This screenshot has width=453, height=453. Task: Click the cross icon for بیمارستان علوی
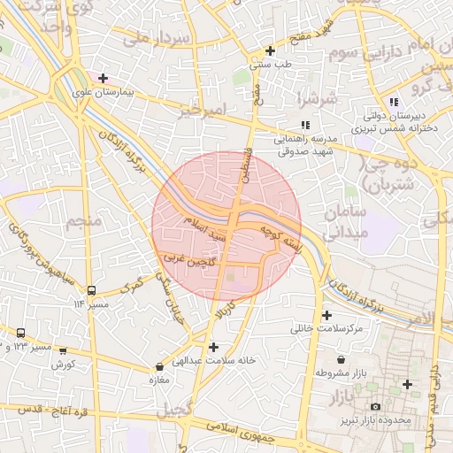click(x=104, y=78)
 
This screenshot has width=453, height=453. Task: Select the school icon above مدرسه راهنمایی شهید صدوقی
click(x=305, y=126)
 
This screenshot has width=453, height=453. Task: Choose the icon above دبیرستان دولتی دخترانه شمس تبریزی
click(x=394, y=103)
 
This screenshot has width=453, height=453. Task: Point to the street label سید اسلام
click(x=205, y=228)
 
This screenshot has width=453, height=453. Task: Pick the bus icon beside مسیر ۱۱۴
click(x=92, y=289)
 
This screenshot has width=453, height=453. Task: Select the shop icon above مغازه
click(x=160, y=365)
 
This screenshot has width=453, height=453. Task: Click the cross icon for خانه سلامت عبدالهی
click(x=213, y=346)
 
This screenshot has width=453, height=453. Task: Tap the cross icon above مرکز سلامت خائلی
click(x=327, y=315)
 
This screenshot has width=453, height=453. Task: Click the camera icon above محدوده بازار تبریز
click(x=375, y=406)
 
